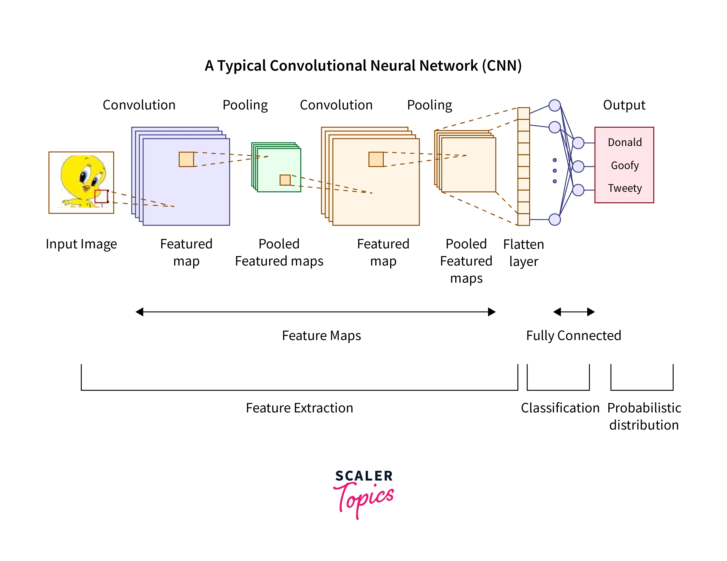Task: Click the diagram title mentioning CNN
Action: (363, 66)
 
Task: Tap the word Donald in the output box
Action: (625, 142)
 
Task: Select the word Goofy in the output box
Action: (625, 165)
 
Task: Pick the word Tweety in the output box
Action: (625, 188)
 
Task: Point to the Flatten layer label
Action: (523, 253)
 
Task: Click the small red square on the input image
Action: (102, 196)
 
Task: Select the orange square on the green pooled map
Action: (285, 180)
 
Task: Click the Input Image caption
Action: (81, 244)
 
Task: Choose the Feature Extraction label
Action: (299, 408)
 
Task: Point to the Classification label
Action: (560, 408)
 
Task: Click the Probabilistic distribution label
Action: (644, 416)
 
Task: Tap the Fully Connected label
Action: (573, 335)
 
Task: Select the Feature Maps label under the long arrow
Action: (321, 335)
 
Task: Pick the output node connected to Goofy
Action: (578, 166)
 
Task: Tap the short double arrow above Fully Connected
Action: (573, 312)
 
